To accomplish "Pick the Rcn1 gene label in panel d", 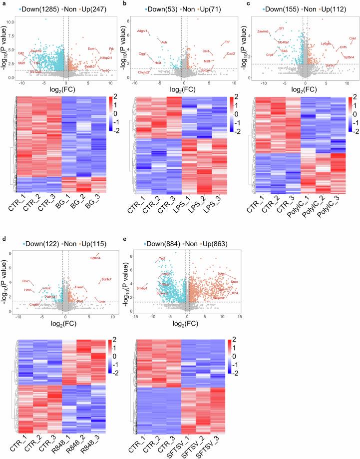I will (26, 281).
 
